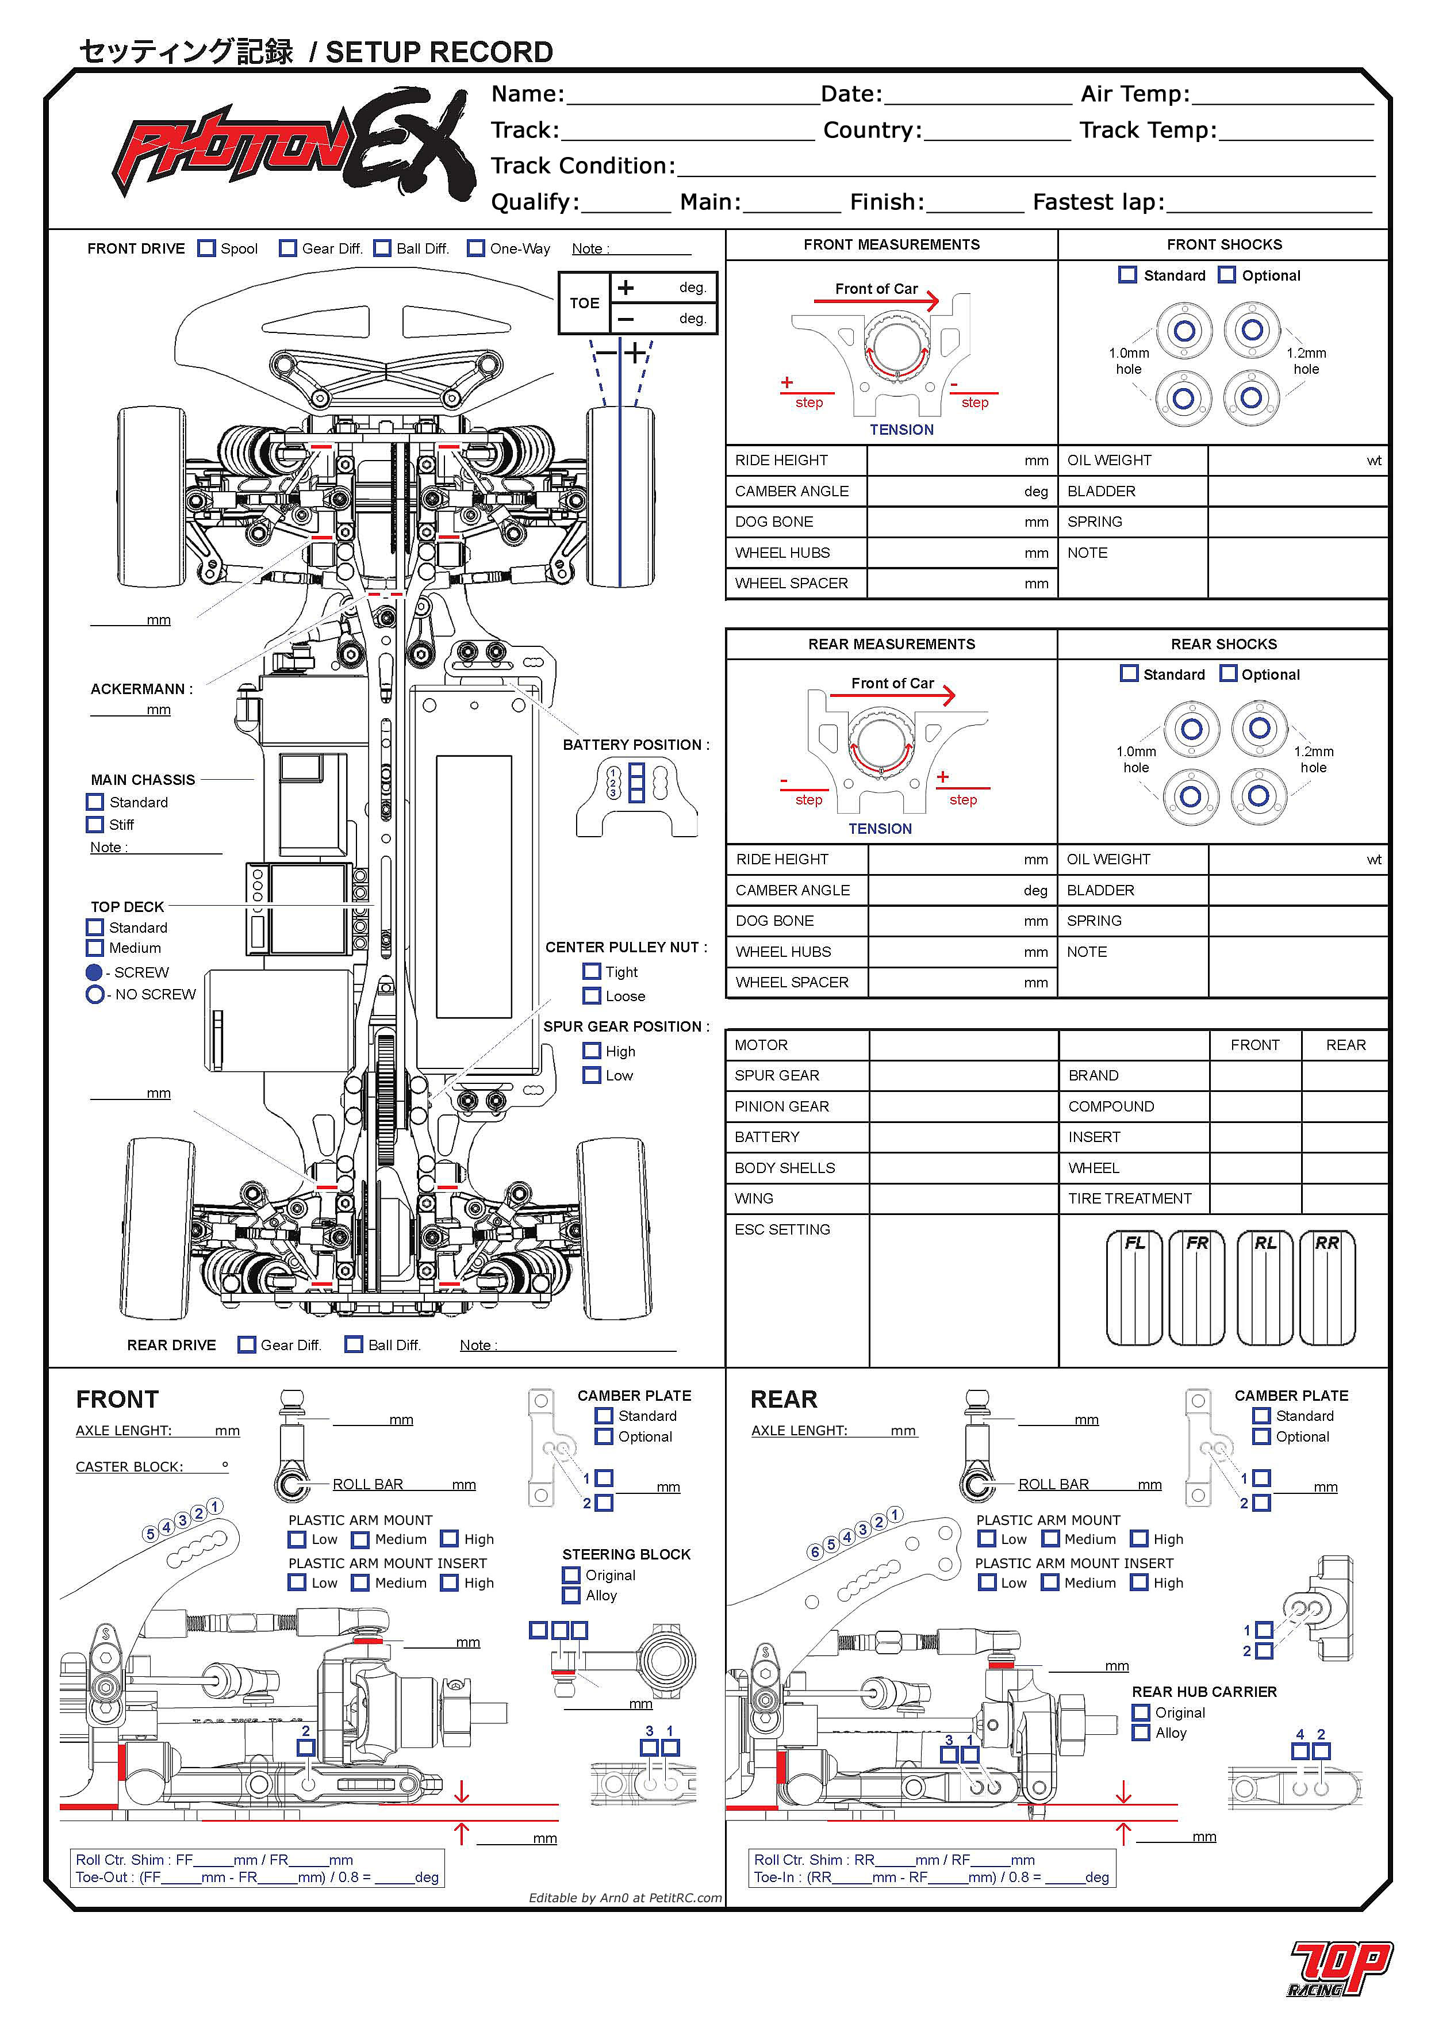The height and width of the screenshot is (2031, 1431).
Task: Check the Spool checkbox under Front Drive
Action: click(x=206, y=248)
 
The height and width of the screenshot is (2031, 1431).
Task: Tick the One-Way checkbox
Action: click(x=476, y=248)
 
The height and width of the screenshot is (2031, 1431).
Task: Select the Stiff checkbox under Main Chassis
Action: click(x=95, y=825)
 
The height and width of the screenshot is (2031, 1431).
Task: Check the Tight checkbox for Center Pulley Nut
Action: click(x=592, y=971)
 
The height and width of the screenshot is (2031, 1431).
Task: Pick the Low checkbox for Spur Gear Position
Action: click(x=592, y=1076)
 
